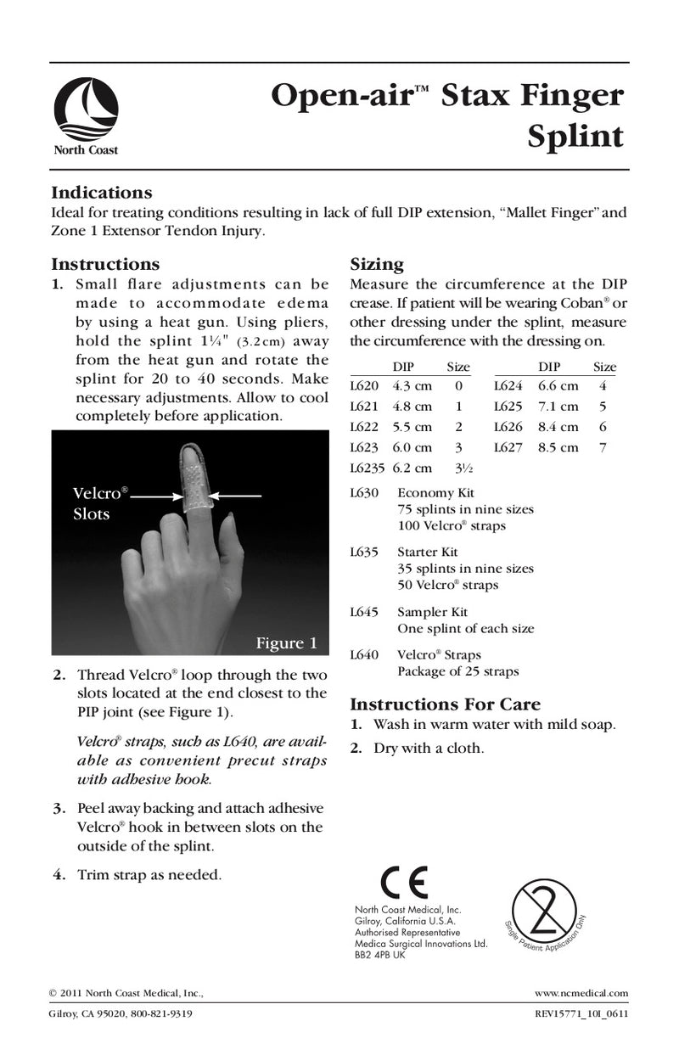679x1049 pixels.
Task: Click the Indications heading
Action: coord(101,193)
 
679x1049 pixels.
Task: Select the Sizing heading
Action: coord(377,264)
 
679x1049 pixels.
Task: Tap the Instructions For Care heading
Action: coord(445,704)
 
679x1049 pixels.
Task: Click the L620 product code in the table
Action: coord(364,386)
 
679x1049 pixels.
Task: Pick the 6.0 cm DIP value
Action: coord(412,447)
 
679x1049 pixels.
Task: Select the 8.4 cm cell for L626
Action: coord(558,427)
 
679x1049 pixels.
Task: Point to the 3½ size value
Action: coord(458,468)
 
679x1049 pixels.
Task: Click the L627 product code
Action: coord(508,447)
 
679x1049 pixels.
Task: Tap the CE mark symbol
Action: coord(406,884)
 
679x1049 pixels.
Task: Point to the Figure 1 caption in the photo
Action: coord(286,643)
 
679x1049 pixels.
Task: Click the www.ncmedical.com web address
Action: coord(581,993)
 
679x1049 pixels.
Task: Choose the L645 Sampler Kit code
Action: coord(364,612)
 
